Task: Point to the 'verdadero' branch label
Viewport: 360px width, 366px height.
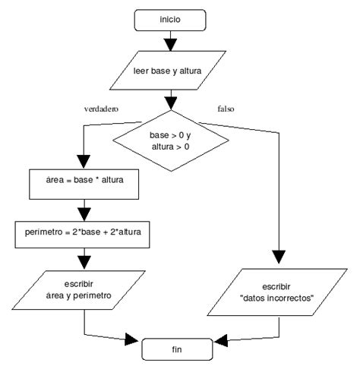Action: coord(103,109)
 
